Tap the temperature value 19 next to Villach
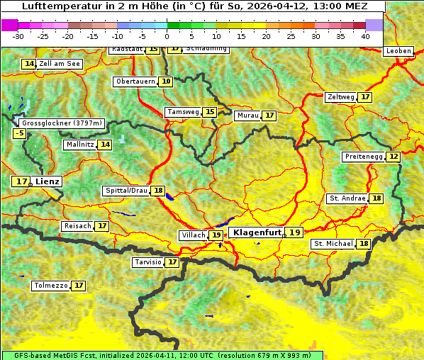tap(216, 235)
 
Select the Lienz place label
tap(48, 181)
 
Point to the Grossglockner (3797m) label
tap(62, 123)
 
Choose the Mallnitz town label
tap(79, 145)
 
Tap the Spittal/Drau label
tap(126, 191)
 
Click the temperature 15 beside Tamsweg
tap(209, 112)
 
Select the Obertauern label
tap(135, 81)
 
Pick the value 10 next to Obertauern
tap(166, 81)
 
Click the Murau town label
tap(247, 116)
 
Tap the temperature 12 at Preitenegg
tap(394, 156)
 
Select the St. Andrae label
tap(347, 198)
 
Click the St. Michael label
tap(333, 244)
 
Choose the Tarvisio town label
tap(148, 262)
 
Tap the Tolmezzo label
tap(50, 286)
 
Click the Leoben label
tap(398, 51)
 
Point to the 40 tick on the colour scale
tap(365, 36)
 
